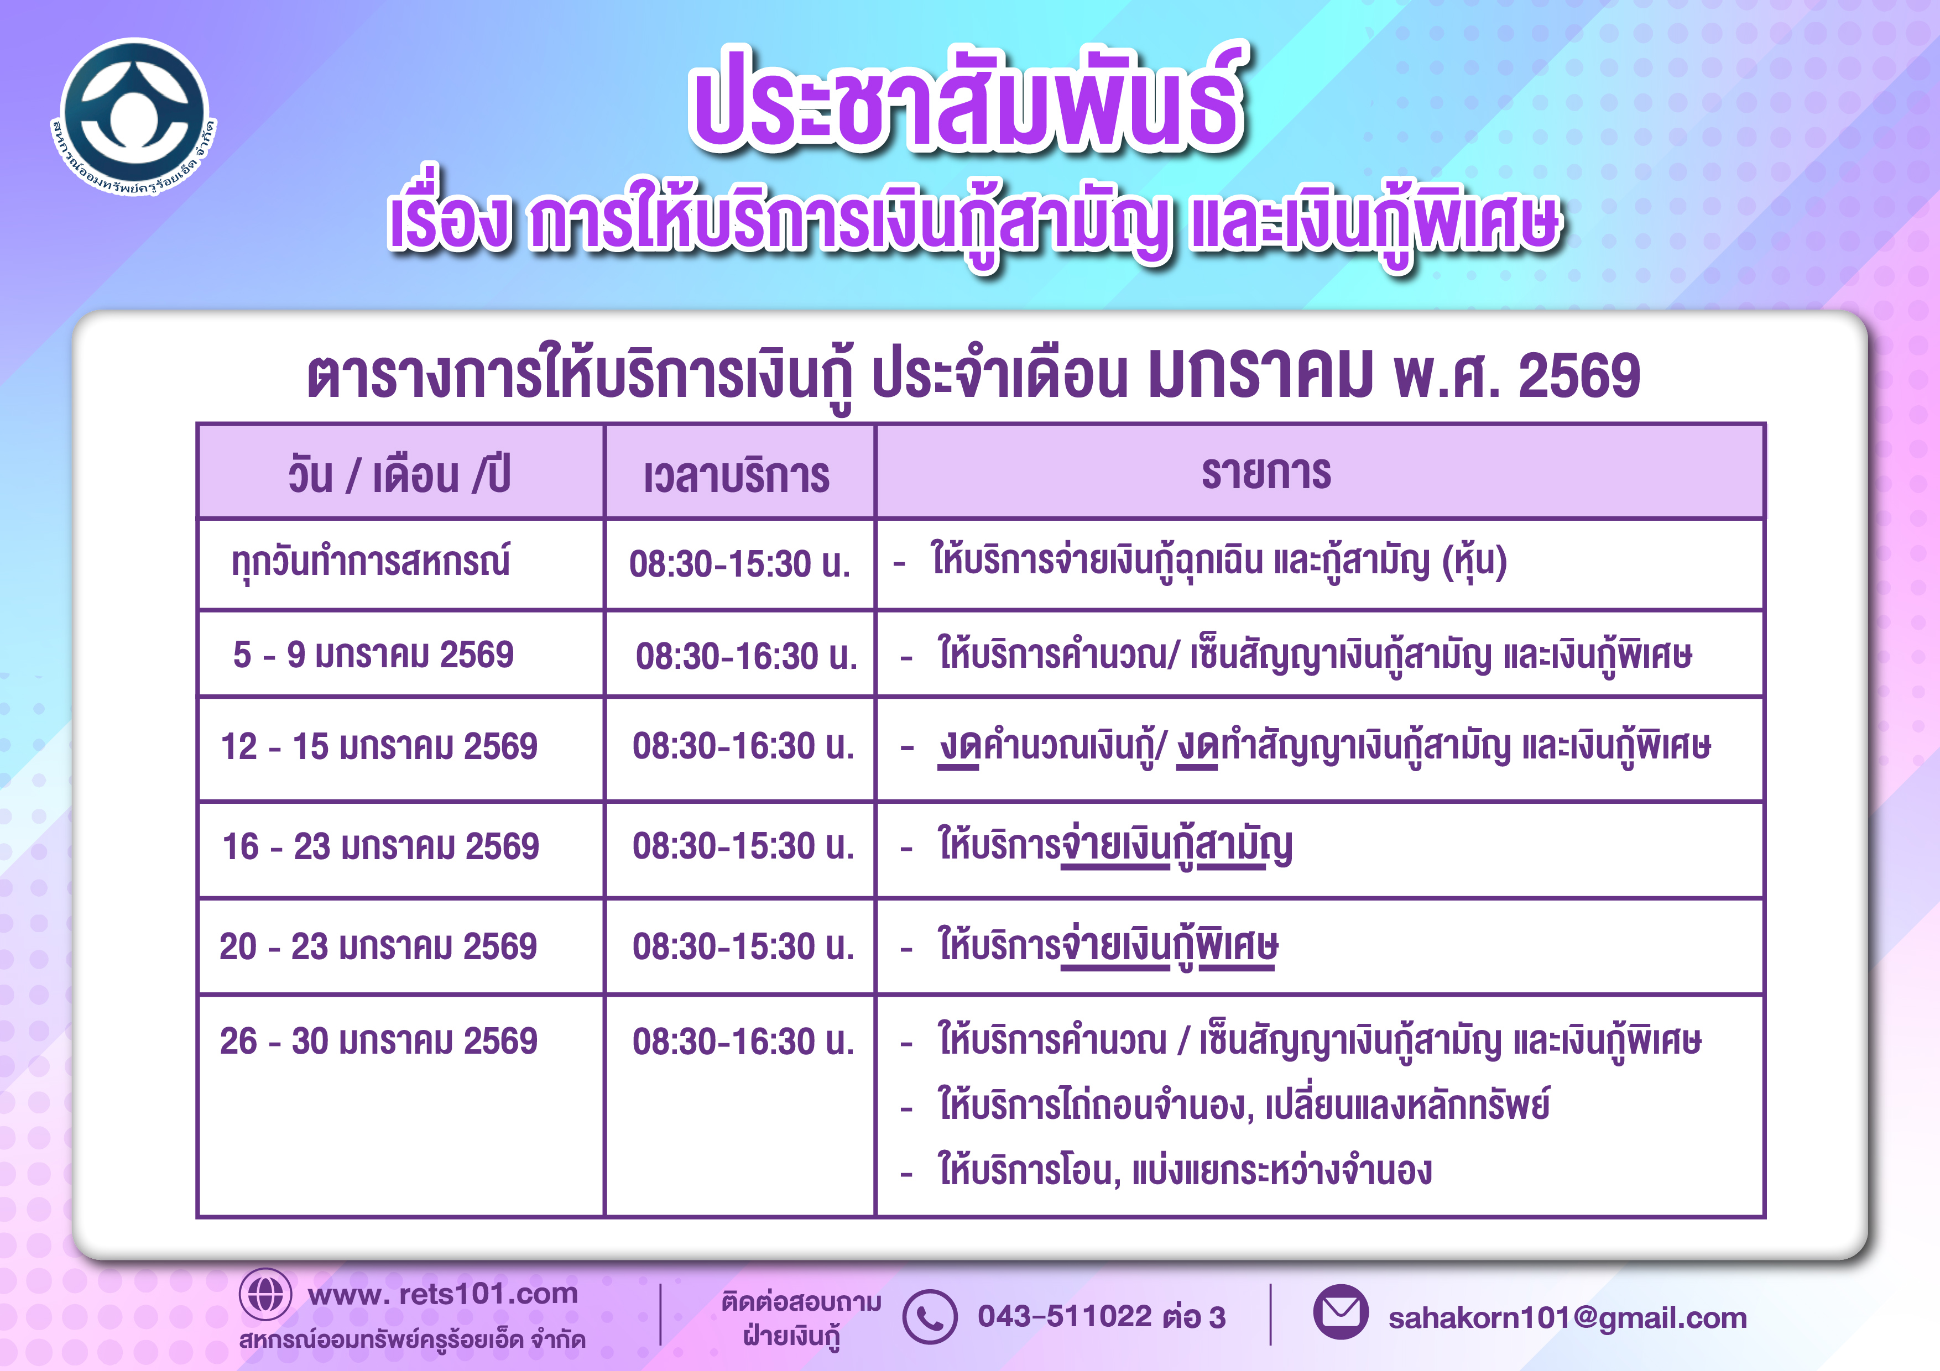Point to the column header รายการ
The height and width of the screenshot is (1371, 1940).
coord(1266,473)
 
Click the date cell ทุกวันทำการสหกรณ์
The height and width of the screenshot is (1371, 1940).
coord(371,562)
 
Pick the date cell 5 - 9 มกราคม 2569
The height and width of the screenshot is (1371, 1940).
coord(373,655)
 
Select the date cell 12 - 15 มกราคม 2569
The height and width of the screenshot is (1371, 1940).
coord(379,747)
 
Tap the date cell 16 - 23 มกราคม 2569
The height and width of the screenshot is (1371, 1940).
coord(380,846)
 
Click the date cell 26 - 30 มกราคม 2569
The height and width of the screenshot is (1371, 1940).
coord(378,1042)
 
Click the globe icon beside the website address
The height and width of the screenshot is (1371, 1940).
coord(265,1294)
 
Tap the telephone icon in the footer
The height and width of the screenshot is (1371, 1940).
coord(930,1317)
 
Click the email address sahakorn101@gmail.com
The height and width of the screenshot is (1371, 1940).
coord(1567,1318)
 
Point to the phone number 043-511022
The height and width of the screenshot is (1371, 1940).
coord(1065,1316)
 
